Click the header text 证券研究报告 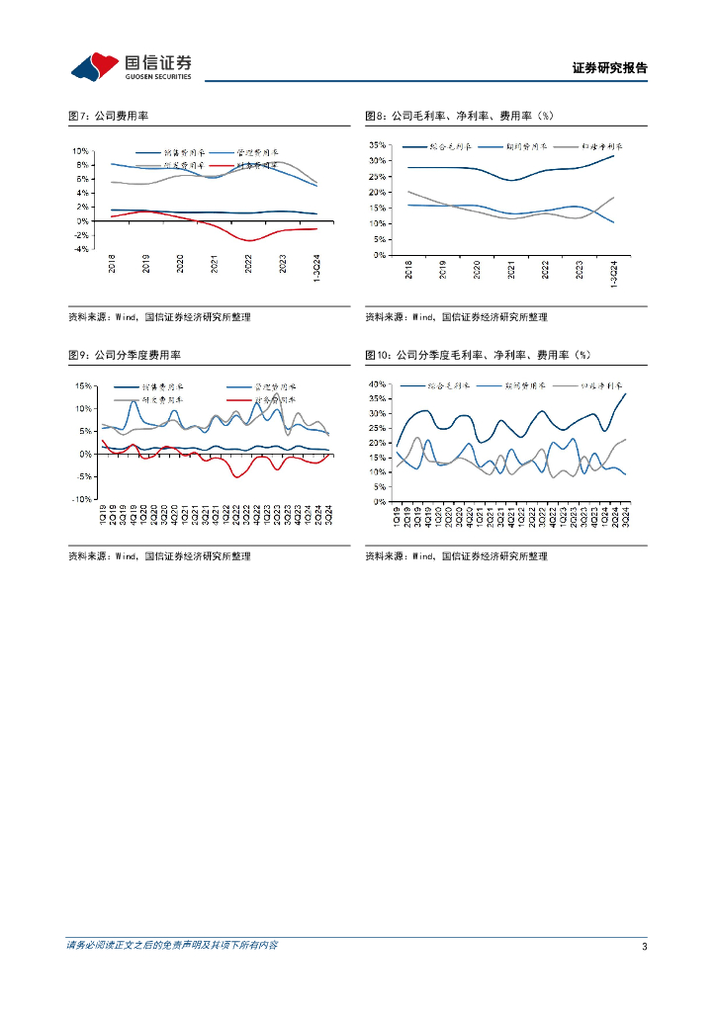click(x=609, y=68)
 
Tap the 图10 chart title click(x=478, y=354)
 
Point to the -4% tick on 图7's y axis click(x=82, y=249)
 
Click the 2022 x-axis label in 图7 click(x=249, y=266)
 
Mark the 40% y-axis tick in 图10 click(x=376, y=383)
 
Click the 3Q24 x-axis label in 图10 click(x=625, y=517)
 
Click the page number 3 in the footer click(x=644, y=947)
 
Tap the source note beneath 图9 click(x=159, y=556)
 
